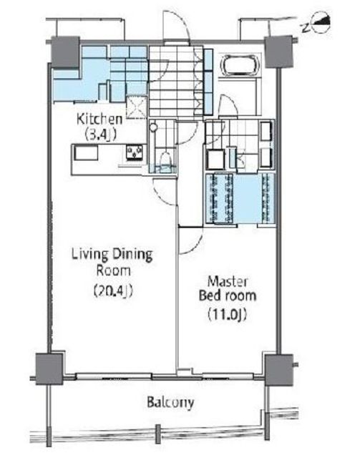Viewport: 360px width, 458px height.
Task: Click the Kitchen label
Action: [99, 120]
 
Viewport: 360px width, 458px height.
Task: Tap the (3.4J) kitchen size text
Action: [100, 135]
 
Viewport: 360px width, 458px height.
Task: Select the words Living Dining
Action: [112, 255]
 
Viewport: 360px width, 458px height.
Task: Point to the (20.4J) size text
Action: [113, 291]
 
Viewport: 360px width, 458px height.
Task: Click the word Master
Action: [228, 281]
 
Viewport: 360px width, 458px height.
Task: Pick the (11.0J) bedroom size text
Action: [228, 314]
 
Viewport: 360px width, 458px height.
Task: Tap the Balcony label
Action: [170, 402]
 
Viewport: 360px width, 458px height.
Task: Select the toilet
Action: [165, 160]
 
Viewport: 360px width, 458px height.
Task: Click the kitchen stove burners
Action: [135, 152]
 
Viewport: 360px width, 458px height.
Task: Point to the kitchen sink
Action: [86, 152]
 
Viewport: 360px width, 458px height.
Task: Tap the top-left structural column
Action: [65, 52]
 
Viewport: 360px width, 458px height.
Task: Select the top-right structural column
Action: [278, 52]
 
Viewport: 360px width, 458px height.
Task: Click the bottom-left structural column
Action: [49, 369]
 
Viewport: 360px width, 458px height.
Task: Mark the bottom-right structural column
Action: [278, 369]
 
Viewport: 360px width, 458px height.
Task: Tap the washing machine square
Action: [215, 160]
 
